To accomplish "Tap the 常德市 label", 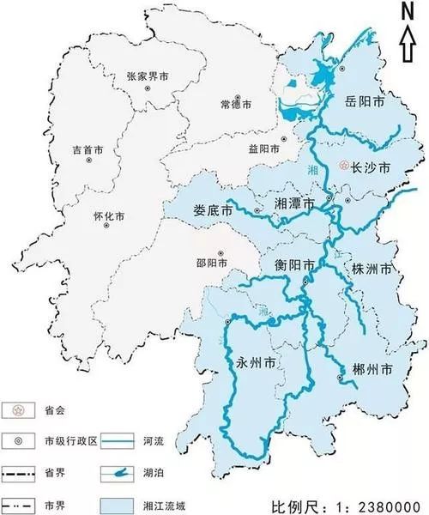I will (236, 105).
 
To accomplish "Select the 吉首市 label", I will (88, 150).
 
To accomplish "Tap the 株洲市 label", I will (371, 269).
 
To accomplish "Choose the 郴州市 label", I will (372, 370).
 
